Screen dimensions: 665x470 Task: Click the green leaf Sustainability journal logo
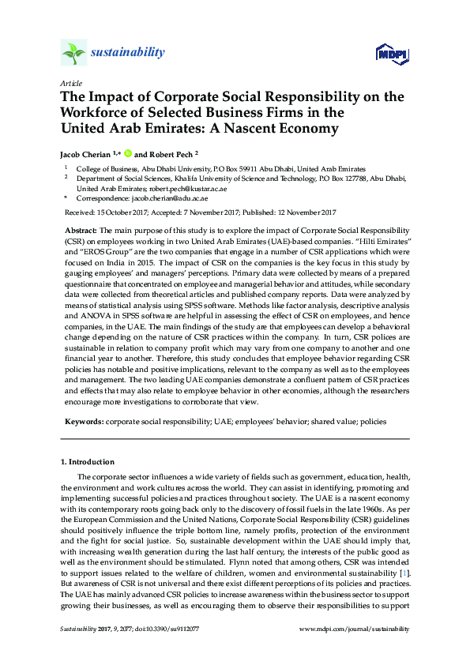point(73,53)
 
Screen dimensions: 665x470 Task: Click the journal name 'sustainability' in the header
point(128,53)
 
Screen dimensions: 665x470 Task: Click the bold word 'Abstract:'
point(81,229)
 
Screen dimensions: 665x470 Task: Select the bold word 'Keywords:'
point(82,422)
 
